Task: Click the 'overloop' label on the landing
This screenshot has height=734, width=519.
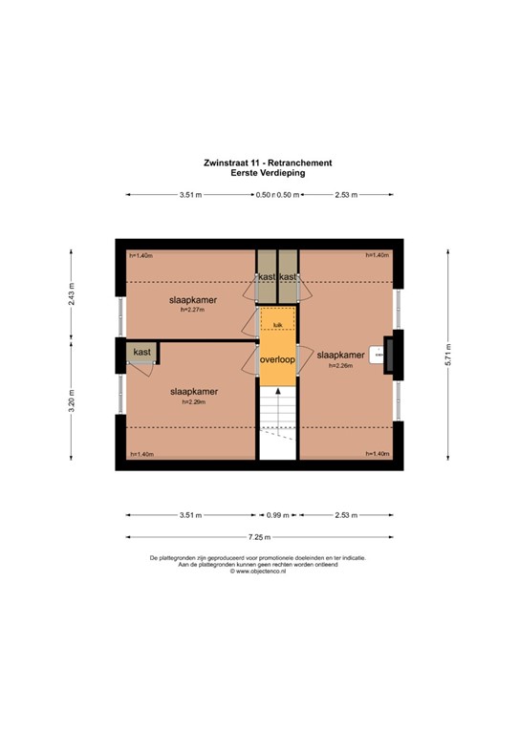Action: coord(278,360)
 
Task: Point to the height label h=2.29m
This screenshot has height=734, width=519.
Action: coord(194,401)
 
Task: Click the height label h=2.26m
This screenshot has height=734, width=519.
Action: coord(341,365)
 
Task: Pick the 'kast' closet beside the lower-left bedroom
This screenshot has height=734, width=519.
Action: coord(142,353)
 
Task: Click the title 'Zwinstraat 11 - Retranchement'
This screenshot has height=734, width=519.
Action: coord(259,163)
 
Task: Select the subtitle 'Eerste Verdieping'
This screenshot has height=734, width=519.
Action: coord(259,173)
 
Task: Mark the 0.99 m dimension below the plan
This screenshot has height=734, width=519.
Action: coord(277,515)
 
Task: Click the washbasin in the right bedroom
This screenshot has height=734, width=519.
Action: coord(379,355)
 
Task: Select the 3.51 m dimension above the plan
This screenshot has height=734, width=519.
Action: coord(189,195)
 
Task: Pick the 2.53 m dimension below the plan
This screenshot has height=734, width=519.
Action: coord(345,515)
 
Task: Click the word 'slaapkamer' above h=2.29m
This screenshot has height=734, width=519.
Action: coord(194,391)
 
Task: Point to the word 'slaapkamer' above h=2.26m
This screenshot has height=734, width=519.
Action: coord(341,353)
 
